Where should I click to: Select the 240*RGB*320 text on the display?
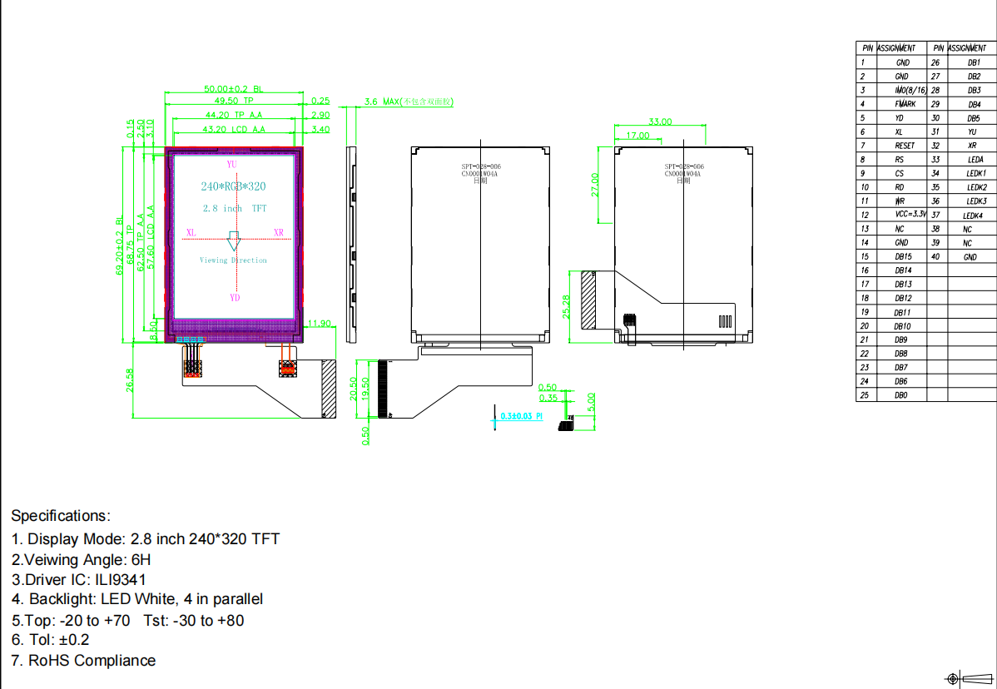[233, 186]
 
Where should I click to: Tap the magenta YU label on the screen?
[231, 165]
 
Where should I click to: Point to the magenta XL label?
[191, 233]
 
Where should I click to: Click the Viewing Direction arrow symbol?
[234, 240]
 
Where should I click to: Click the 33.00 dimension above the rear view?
[659, 121]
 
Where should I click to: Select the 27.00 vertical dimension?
[594, 185]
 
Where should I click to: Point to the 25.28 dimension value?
[567, 306]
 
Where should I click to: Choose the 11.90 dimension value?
[320, 323]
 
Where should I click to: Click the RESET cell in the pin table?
[904, 146]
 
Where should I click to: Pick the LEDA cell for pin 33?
[975, 160]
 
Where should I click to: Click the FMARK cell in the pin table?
[905, 104]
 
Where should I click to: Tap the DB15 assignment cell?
[903, 256]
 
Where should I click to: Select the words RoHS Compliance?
[92, 661]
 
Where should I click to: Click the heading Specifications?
[60, 516]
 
